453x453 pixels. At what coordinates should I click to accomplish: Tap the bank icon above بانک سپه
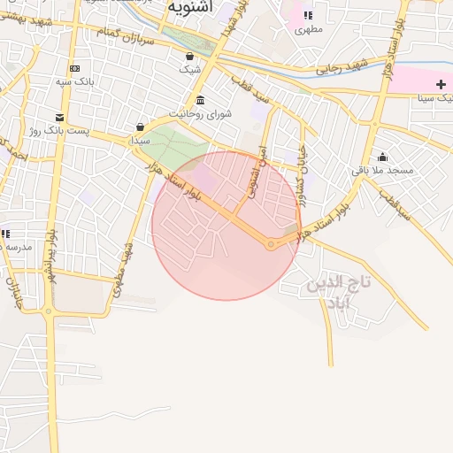[x=74, y=68]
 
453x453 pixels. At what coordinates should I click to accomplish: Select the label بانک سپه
[x=74, y=81]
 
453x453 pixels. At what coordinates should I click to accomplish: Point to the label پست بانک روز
[x=59, y=131]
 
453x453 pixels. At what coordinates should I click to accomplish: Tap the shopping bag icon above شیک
[x=190, y=56]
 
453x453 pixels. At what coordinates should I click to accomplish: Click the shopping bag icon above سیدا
[x=141, y=127]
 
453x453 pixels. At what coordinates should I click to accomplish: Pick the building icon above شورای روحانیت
[x=200, y=99]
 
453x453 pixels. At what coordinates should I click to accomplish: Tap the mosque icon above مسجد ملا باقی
[x=382, y=157]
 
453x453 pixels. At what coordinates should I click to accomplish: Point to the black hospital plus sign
[x=441, y=83]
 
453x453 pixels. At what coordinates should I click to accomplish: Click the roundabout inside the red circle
[x=271, y=244]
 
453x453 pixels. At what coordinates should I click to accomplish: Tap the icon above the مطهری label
[x=308, y=15]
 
